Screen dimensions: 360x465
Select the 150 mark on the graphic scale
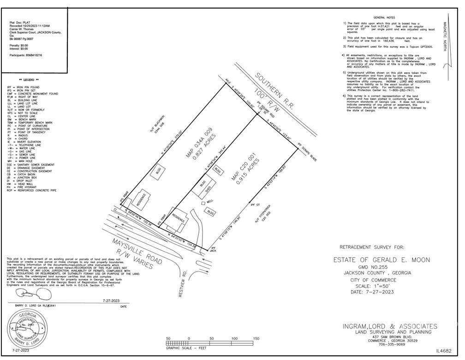pyautogui.click(x=256, y=339)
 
